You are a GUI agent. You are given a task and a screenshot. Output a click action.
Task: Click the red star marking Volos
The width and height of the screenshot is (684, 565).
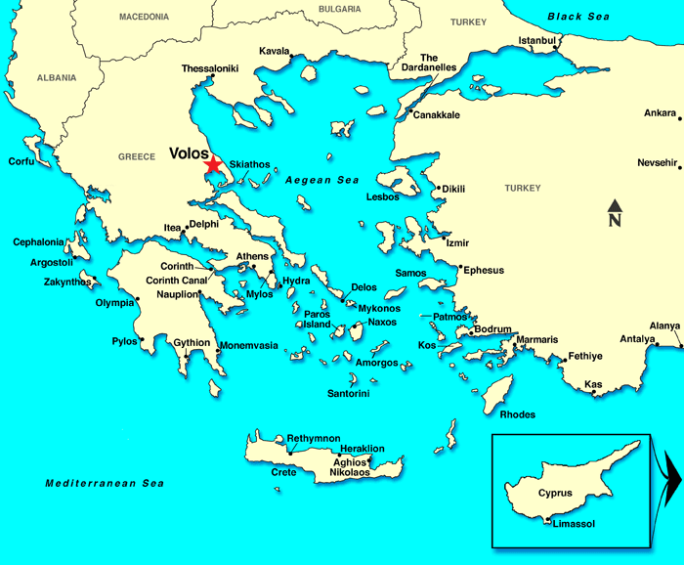coord(213,166)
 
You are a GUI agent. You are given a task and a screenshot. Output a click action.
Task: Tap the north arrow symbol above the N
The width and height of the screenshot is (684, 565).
coord(615,205)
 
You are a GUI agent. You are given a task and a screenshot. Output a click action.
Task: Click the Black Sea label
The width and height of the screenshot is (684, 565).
coord(578,17)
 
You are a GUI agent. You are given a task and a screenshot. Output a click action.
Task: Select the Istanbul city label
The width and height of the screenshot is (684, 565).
coord(536,40)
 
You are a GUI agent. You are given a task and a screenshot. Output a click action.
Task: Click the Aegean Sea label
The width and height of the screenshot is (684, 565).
coord(321,181)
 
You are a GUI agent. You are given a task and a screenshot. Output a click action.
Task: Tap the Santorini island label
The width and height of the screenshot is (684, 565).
coord(348,394)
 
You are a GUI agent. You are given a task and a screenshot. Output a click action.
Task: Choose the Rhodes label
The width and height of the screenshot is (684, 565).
coord(517,414)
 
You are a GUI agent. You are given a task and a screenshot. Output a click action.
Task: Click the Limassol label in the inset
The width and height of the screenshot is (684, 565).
coord(574,524)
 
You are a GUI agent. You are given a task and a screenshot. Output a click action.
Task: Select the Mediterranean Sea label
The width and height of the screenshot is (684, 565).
coord(105,484)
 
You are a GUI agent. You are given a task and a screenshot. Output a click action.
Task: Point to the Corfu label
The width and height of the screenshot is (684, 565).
coord(21,161)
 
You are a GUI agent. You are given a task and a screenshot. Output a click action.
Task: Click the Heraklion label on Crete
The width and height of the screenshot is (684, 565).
coord(362,449)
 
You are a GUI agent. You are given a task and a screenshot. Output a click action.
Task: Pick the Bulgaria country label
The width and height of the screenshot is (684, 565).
coord(339,9)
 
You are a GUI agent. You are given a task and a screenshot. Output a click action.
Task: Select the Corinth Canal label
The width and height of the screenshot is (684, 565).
coord(176,281)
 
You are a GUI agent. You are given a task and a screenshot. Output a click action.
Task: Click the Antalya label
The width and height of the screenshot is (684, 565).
coord(637,339)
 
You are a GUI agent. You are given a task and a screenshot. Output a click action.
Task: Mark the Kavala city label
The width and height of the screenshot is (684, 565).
coord(274,51)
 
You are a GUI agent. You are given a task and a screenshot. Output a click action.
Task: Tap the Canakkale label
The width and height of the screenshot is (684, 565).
coord(436,114)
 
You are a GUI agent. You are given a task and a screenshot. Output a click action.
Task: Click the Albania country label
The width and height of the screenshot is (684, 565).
coord(57,77)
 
